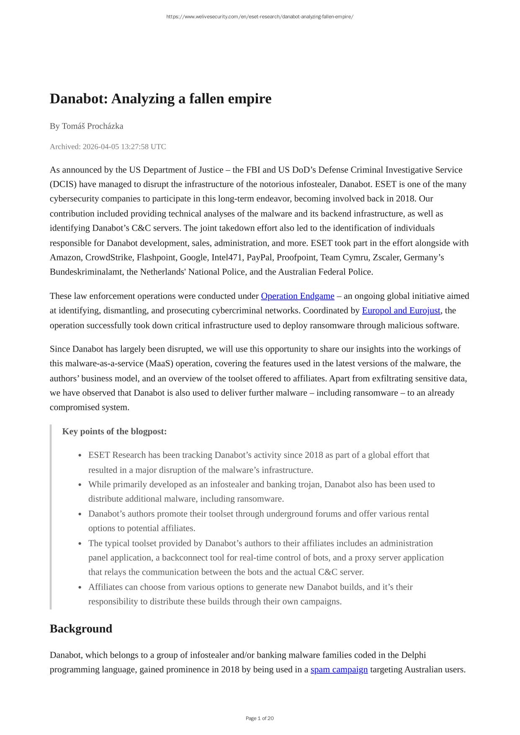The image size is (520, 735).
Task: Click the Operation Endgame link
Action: [297, 296]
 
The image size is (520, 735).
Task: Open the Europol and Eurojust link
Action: [401, 311]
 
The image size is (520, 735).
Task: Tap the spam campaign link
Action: [339, 670]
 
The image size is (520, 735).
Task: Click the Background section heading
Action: [81, 629]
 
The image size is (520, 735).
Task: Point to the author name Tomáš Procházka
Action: [93, 126]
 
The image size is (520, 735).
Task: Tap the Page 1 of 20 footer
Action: [260, 718]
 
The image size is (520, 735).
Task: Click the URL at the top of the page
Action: [260, 17]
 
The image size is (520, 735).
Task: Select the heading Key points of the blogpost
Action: [114, 432]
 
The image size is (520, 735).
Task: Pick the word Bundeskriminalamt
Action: [87, 272]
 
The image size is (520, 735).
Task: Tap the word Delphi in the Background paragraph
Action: [413, 655]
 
